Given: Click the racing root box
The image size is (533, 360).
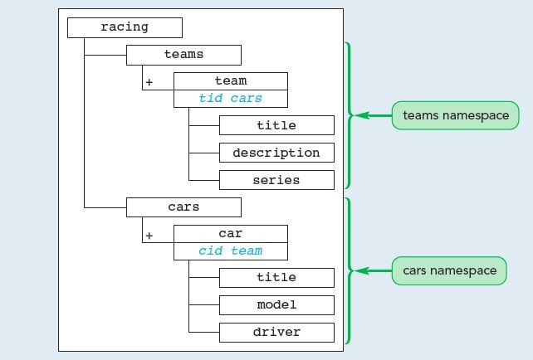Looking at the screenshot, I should pos(125,27).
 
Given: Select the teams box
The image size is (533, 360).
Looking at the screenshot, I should pos(183,55).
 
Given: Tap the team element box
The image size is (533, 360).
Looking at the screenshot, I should pos(230,81).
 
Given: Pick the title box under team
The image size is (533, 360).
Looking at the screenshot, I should pos(276,126).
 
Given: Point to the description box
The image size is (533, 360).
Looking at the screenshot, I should pos(276,153).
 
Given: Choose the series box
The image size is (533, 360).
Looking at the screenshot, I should pos(276,180).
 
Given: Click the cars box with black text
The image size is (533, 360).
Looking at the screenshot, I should pos(183,207).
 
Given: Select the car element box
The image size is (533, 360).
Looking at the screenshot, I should pos(230,233).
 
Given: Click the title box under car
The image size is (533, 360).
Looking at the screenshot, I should pos(276,278).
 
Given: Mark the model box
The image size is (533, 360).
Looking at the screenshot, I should pos(276,305).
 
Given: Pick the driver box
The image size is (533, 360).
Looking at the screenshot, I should pos(276,333).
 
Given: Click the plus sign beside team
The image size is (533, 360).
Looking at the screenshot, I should pos(149,84).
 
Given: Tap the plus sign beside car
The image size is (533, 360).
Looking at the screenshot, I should pos(149,236).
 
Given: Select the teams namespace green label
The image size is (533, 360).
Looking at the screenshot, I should pos(455,116).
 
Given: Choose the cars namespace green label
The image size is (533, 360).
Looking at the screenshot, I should pos(449,270).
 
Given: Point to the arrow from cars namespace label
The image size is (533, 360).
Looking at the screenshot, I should pos(372,270).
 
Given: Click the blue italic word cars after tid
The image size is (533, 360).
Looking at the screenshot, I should pos(247,99).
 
